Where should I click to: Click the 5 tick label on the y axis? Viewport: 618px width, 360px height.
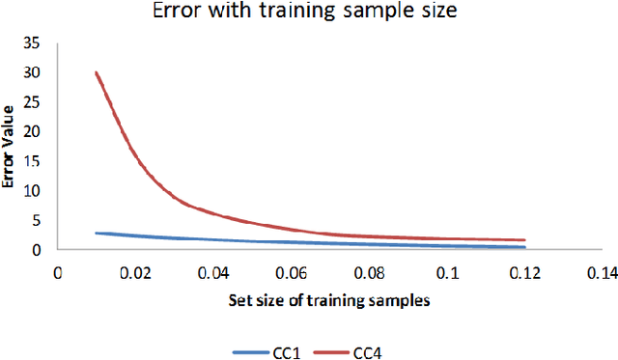click(x=38, y=220)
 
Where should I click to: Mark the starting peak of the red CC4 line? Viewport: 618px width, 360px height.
click(x=97, y=72)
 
